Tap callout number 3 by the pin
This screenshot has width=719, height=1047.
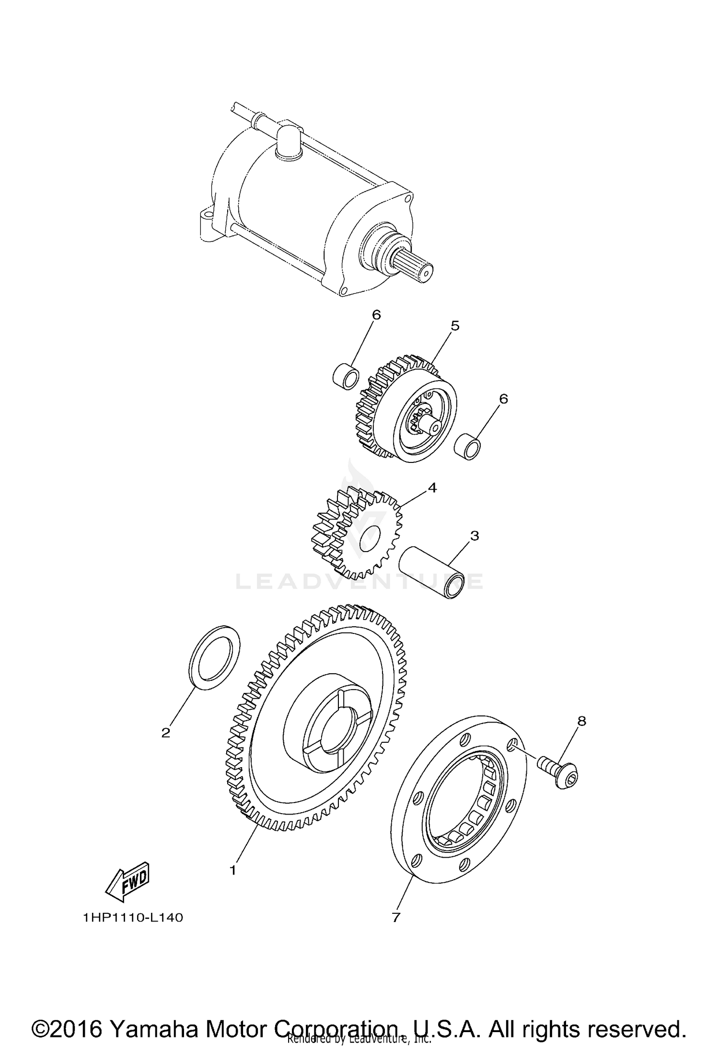pos(474,536)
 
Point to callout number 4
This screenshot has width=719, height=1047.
pos(432,488)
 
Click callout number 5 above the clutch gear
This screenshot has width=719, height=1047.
pos(455,326)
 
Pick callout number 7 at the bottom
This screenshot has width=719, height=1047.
pos(395,917)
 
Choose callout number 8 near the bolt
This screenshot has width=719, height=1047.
pos(581,735)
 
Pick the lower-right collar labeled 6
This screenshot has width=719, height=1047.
pos(467,446)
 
